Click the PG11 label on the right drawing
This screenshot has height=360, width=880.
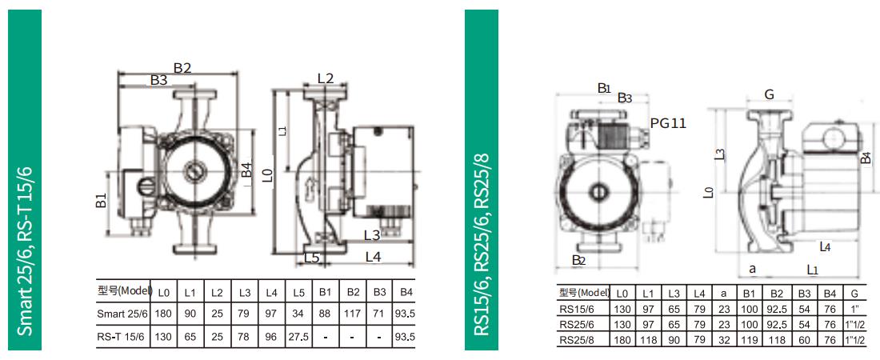click(x=669, y=122)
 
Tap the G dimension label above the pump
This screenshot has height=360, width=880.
click(x=770, y=94)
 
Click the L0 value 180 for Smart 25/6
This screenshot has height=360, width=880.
click(x=163, y=314)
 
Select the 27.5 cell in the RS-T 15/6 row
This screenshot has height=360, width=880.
click(x=298, y=337)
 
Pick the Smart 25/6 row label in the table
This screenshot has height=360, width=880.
click(x=122, y=314)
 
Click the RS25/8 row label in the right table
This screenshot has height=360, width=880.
click(x=575, y=339)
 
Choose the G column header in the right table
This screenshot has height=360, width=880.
click(x=854, y=293)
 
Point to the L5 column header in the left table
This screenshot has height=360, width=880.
click(x=299, y=292)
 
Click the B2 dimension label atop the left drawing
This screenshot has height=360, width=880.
click(x=182, y=68)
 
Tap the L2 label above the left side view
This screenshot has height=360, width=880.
click(x=326, y=78)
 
